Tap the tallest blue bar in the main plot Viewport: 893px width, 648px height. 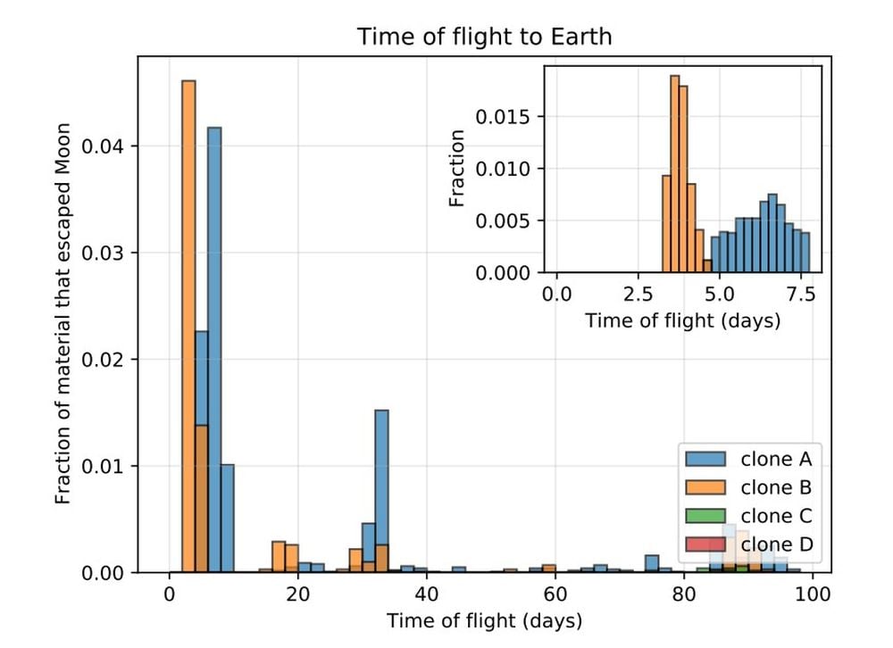pos(214,348)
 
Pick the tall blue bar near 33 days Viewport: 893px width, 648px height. pos(381,482)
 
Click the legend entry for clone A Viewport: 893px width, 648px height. pos(775,460)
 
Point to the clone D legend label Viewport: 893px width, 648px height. pos(775,544)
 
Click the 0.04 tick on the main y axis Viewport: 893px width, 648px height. pos(104,146)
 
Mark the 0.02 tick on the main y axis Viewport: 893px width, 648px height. pos(104,360)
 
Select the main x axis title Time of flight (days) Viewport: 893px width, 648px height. pos(483,619)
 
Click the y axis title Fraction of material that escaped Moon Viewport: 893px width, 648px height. pos(63,314)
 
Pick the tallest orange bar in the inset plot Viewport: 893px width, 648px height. pos(674,174)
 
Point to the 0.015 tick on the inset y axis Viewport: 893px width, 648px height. pos(504,117)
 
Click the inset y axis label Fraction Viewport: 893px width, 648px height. pos(457,169)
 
